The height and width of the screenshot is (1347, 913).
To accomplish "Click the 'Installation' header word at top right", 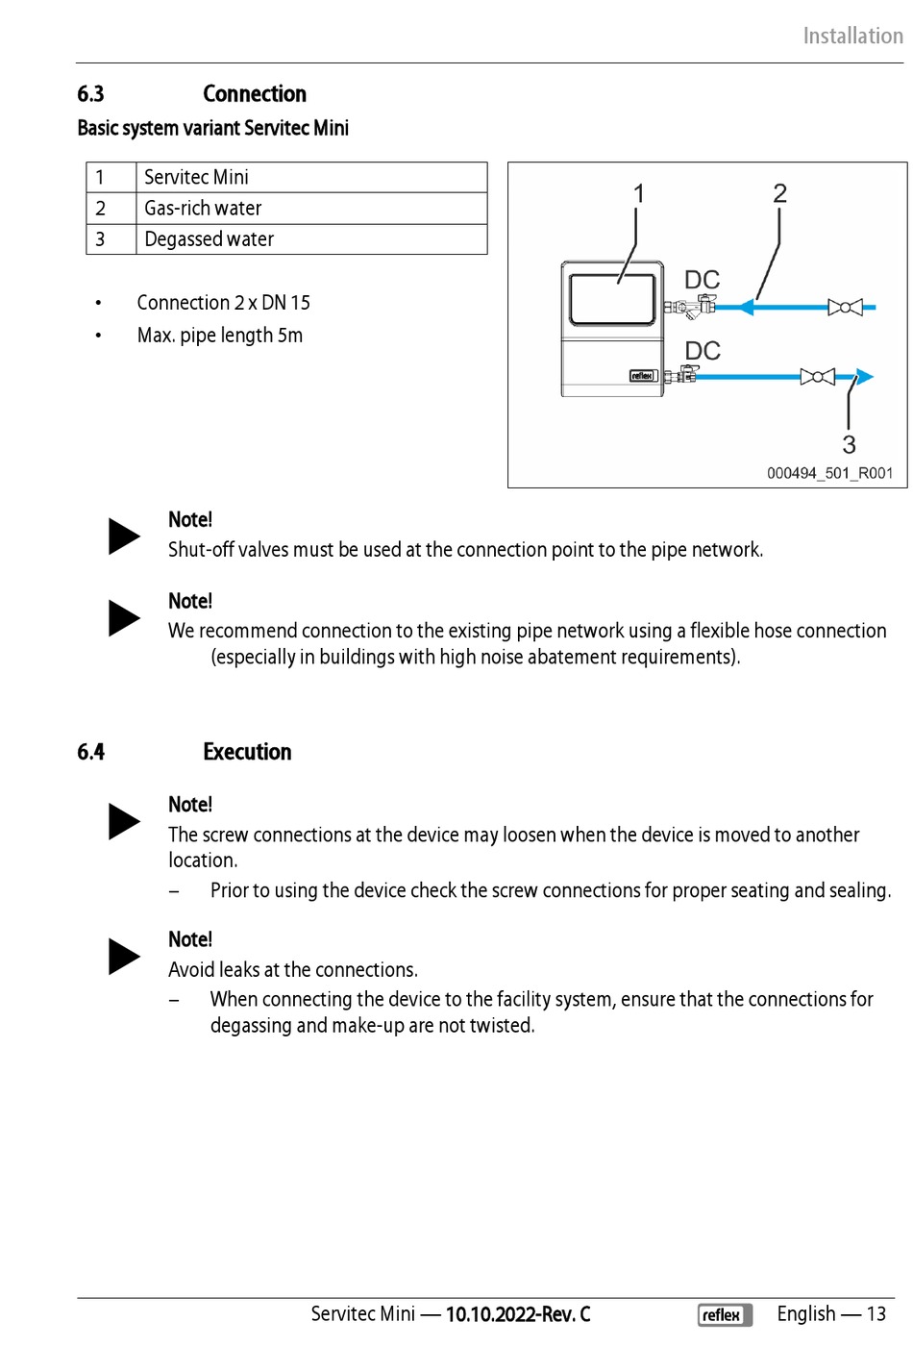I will coord(852,37).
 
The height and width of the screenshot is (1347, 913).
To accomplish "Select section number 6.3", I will coord(90,94).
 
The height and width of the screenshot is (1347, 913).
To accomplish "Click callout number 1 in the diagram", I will coord(639,194).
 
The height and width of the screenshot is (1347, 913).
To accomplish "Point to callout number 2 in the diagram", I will coord(779,193).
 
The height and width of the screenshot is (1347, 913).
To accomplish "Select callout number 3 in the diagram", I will coord(849,444).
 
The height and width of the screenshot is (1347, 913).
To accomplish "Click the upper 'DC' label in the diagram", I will coord(702,280).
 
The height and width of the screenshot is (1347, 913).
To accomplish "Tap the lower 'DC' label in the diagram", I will coord(703,351).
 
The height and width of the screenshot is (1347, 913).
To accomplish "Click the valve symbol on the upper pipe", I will coord(845,308).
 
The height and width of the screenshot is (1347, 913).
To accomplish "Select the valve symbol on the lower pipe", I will coord(818,376).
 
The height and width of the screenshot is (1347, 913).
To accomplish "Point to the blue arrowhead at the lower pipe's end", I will coord(864,376).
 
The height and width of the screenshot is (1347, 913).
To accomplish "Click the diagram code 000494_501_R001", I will coord(829,473).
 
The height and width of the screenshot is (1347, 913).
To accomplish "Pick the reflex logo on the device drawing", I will coord(642,376).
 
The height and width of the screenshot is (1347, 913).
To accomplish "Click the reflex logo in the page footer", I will coord(725,1314).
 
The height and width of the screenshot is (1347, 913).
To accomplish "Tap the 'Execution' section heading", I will coord(247,752).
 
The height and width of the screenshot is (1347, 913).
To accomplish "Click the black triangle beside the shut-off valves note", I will coord(123,536).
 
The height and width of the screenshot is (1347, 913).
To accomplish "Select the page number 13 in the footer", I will coord(876,1314).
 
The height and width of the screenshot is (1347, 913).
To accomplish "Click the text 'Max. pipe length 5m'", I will coord(220,336).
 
